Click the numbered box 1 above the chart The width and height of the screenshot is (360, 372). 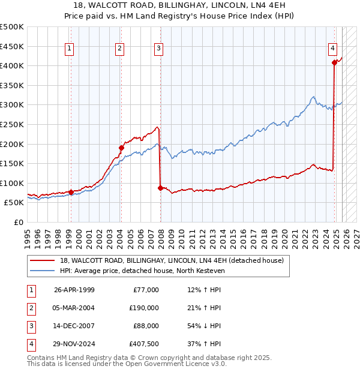pos(70,49)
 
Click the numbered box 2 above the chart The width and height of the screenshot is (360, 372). pos(120,49)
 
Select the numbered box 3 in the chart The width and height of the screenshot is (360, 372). pos(158,49)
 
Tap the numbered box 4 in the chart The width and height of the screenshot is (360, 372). pos(332,49)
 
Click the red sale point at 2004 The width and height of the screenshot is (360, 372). pos(121,148)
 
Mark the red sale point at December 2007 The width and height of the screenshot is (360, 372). pos(160,188)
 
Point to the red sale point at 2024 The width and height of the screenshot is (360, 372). pos(334,62)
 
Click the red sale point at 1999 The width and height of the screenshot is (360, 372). pos(71,192)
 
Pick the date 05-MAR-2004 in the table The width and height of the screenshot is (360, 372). pos(74,308)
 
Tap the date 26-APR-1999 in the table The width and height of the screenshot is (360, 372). pos(74,290)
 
